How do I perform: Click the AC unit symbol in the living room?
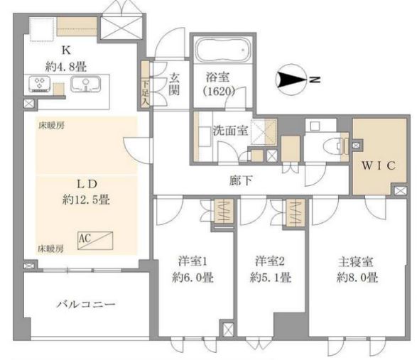coord(95,241)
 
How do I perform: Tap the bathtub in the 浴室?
coord(222,49)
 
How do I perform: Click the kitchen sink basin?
coord(86,84)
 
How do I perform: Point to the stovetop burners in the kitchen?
coord(39,84)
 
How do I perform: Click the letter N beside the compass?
coord(315,80)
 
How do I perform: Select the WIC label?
coord(379,165)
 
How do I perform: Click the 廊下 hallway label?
coord(241,181)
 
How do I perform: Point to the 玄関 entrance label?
coord(174,84)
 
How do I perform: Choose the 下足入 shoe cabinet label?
coord(146,92)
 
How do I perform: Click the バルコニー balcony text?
coord(86,304)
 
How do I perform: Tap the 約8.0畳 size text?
coord(357,278)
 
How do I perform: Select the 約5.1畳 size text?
coord(271,278)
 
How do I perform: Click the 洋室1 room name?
coord(193,261)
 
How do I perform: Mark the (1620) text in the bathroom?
coord(219,92)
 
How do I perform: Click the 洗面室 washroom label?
coord(231,130)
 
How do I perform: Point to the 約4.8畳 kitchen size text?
coord(66,67)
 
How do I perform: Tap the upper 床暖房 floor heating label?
coord(52,126)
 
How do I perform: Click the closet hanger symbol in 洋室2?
coord(296,213)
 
